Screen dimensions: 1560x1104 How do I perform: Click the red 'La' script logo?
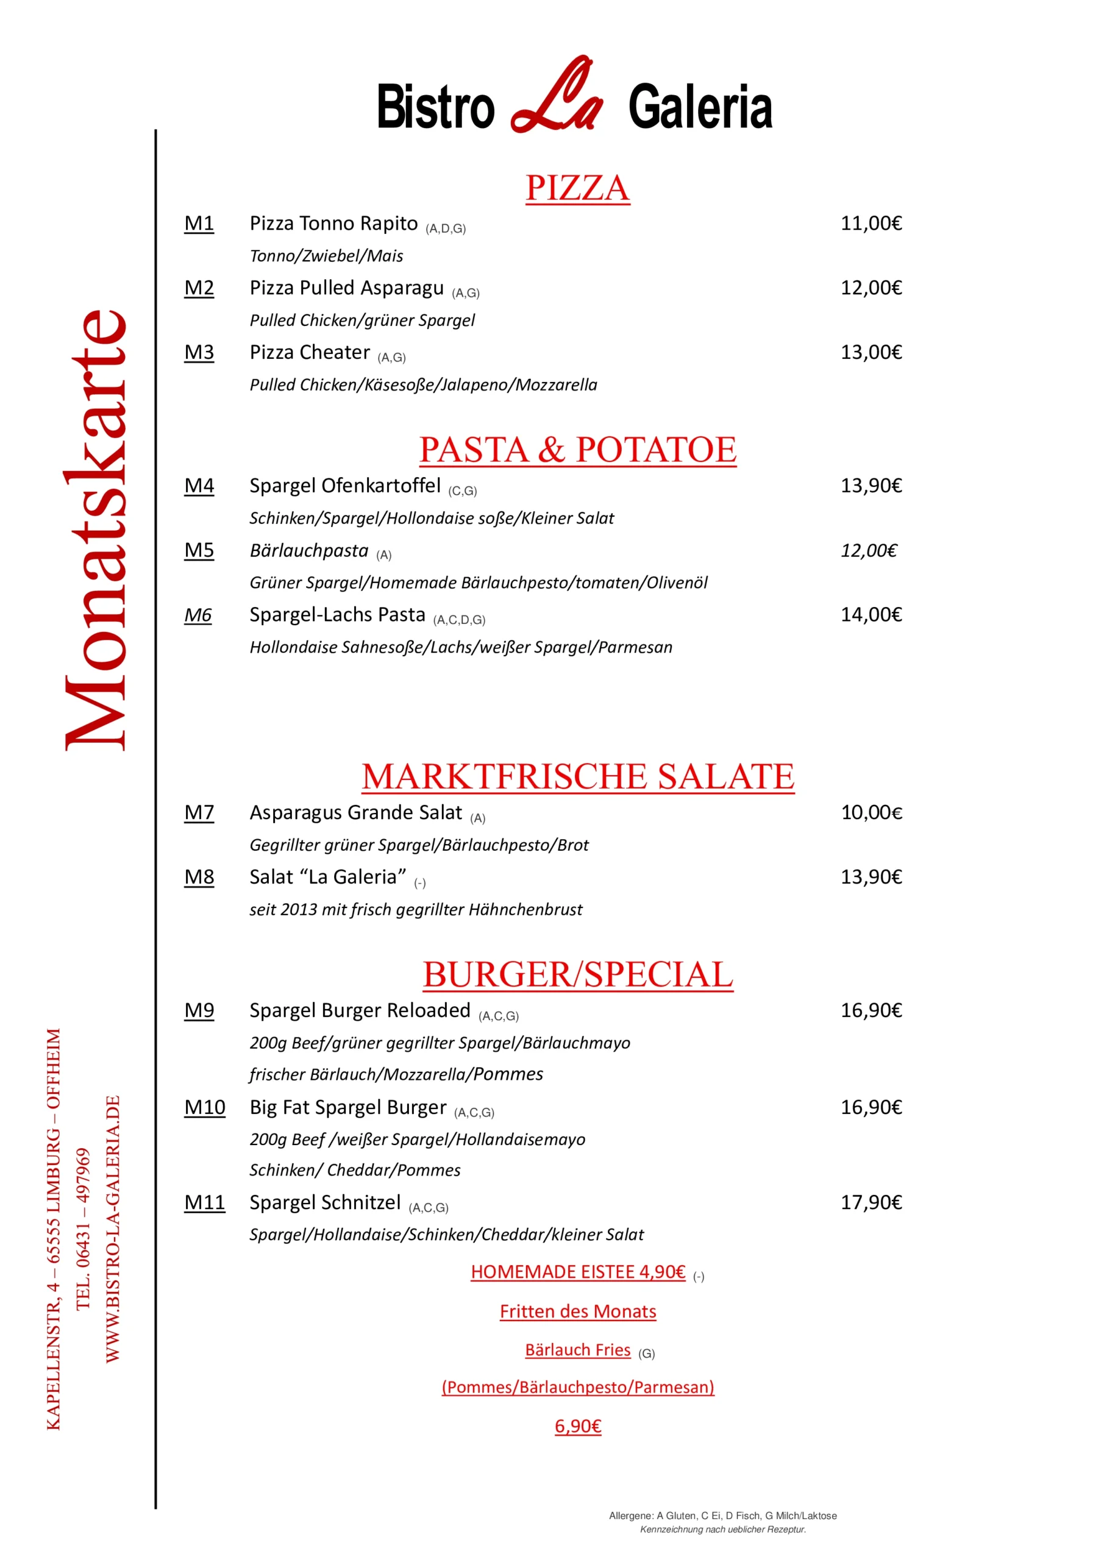coord(557,97)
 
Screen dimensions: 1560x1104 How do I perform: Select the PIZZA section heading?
coord(577,188)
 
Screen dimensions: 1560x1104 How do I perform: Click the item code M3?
coord(199,353)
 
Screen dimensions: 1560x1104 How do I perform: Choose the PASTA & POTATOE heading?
coord(577,450)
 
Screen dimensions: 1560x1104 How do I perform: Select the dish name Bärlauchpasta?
coord(308,550)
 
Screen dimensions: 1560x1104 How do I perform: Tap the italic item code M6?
coord(198,615)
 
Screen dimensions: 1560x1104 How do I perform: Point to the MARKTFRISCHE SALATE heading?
coord(578,776)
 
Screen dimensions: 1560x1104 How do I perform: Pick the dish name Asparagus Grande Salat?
coord(355,813)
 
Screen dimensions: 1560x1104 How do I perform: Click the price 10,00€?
coord(872,813)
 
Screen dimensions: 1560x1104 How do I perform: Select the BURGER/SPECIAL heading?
coord(578,975)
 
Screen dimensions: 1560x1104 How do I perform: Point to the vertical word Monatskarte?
coord(95,530)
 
